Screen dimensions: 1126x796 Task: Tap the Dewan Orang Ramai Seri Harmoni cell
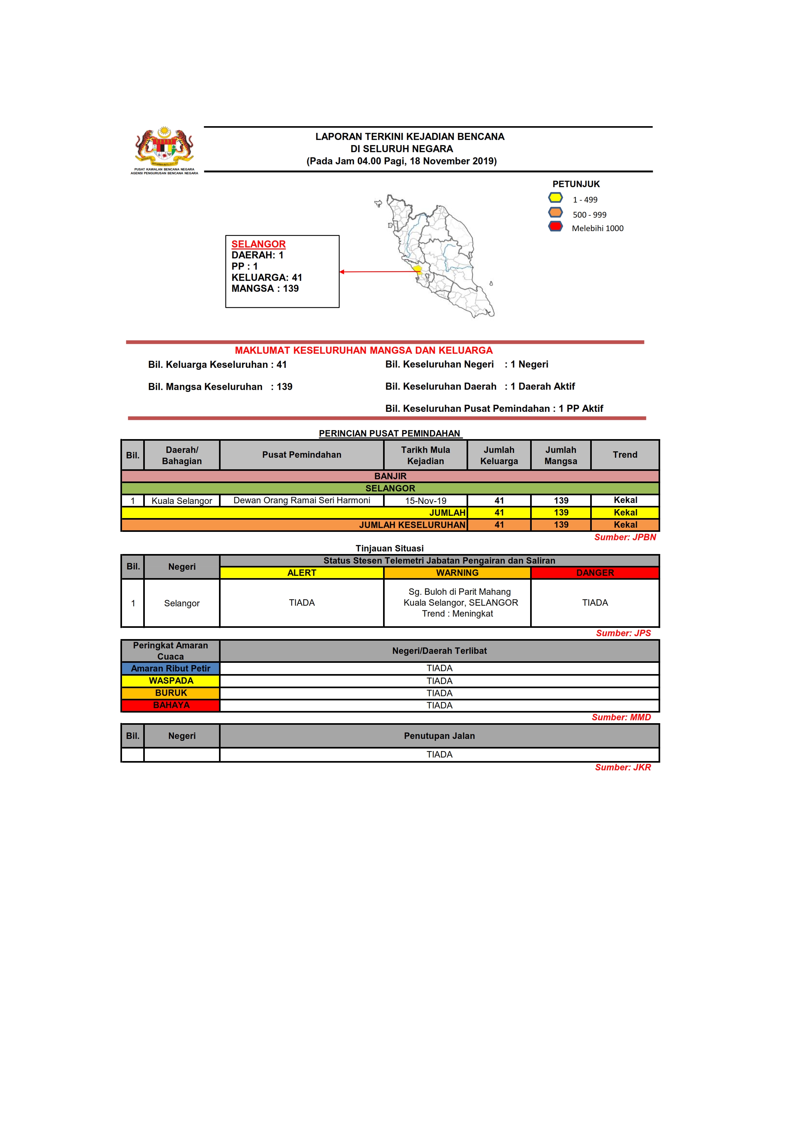coord(302,500)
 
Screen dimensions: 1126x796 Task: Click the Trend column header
coord(625,455)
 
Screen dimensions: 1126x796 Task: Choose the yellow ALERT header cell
coord(302,573)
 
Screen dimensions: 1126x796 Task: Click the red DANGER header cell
coord(595,573)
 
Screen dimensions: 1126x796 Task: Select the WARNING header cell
coord(457,573)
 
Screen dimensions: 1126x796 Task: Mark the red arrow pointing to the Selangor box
coord(378,272)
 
